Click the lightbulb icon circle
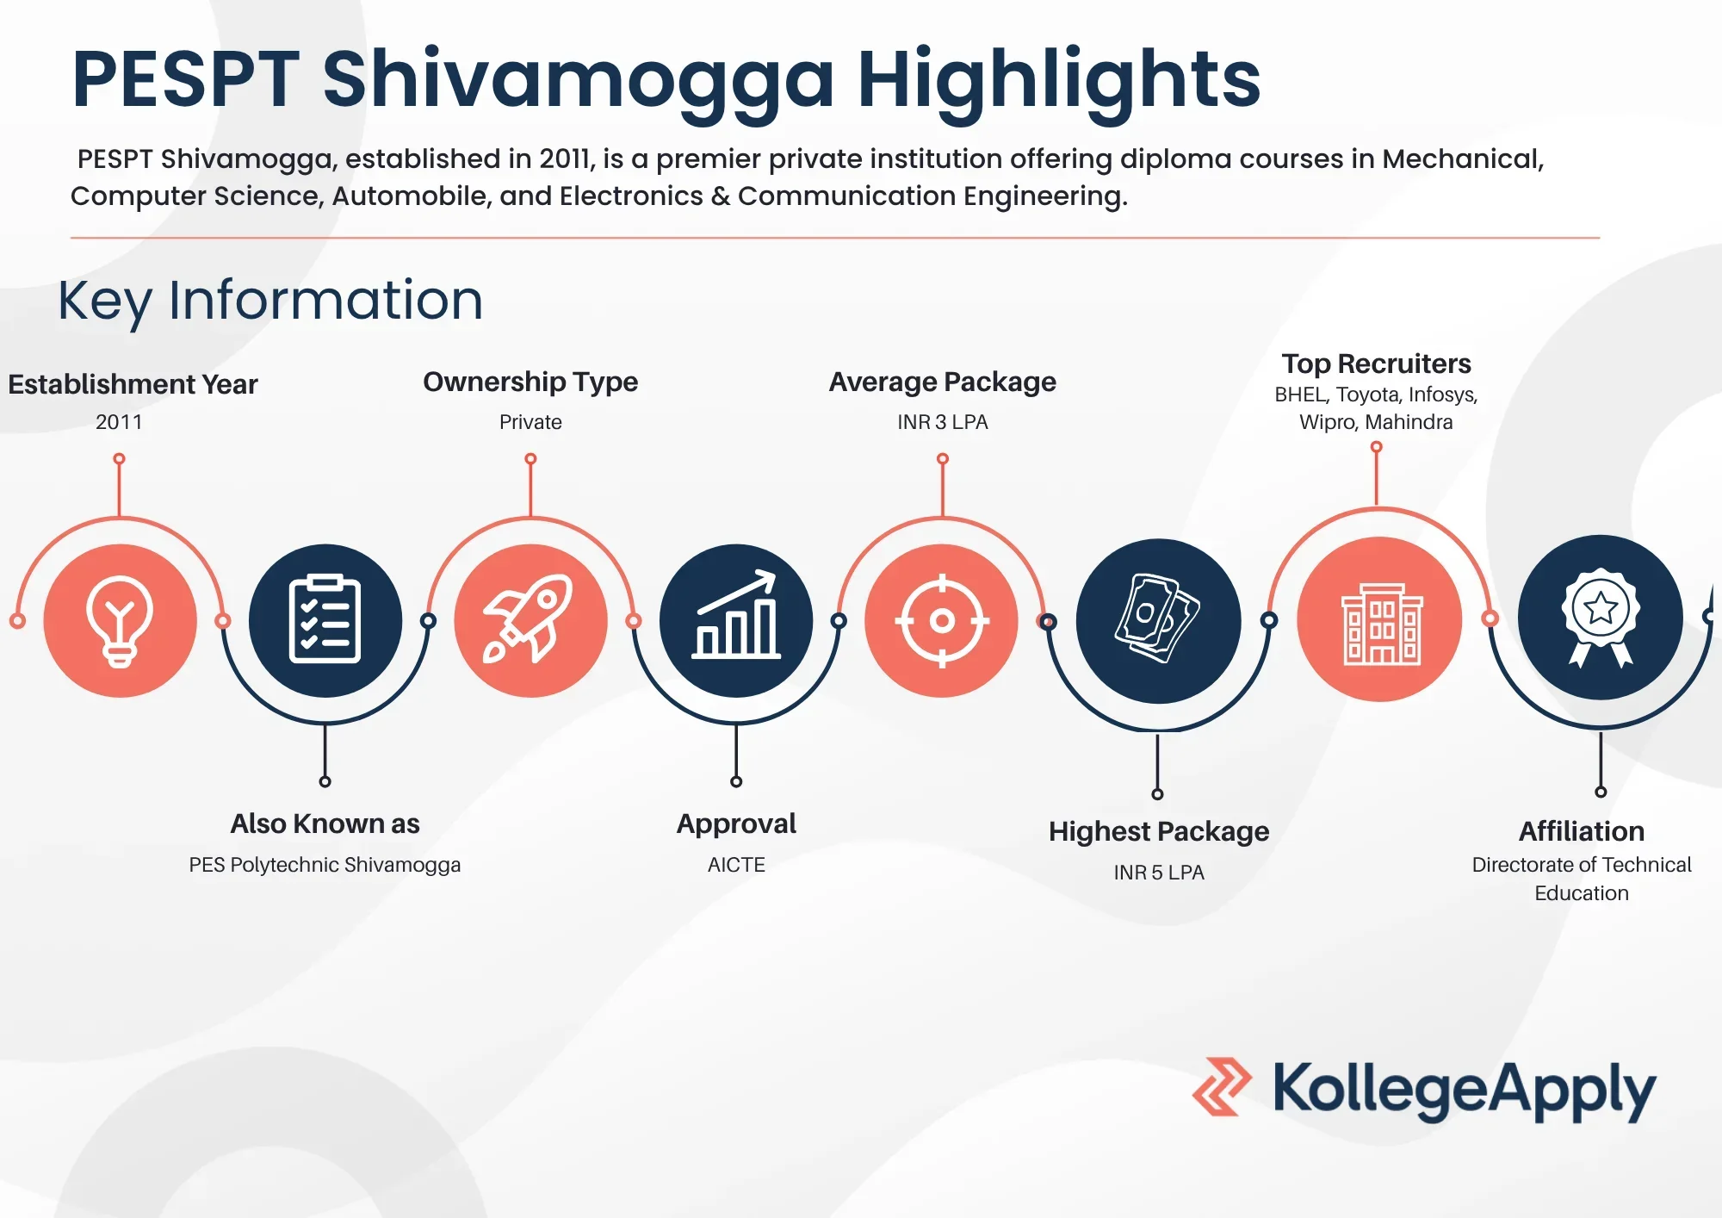coord(121,620)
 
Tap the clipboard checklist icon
coord(325,620)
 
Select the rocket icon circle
coord(530,620)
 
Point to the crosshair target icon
coord(942,620)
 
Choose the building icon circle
coord(1380,619)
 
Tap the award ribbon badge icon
coord(1601,618)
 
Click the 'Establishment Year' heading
coord(133,384)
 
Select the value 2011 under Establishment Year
coord(119,422)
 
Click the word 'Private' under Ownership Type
coord(530,422)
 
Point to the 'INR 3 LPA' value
coord(943,422)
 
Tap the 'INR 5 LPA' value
coord(1159,873)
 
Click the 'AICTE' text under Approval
coord(736,865)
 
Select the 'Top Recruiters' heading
coord(1376,364)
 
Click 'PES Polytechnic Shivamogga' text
coord(325,865)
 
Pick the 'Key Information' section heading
coord(270,301)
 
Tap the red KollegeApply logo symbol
coord(1222,1087)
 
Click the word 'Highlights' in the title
coord(1059,82)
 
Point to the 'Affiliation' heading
coord(1582,831)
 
